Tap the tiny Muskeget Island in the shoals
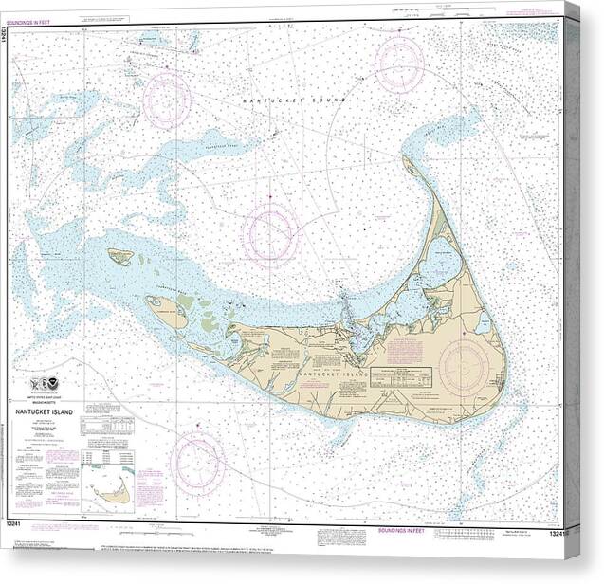click(119, 256)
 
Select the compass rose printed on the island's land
click(464, 365)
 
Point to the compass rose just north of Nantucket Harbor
click(270, 232)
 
